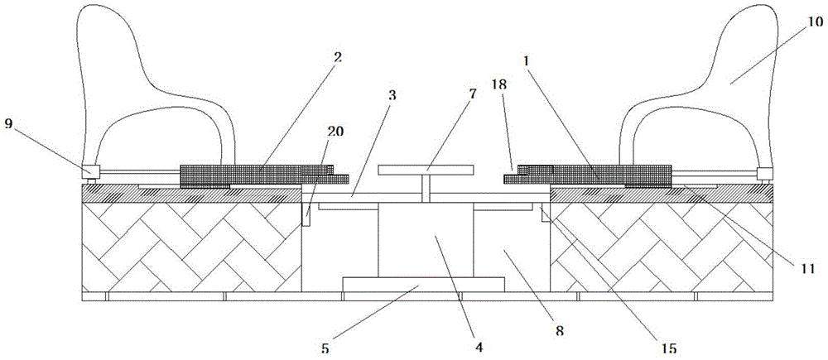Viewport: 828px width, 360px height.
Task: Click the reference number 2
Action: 338,59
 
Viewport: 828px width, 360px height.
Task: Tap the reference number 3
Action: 392,96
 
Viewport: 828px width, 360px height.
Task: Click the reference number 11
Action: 806,268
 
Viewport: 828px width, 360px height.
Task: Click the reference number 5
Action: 325,348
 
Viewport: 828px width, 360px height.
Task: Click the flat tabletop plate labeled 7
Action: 425,170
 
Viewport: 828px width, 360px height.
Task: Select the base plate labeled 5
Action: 422,285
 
